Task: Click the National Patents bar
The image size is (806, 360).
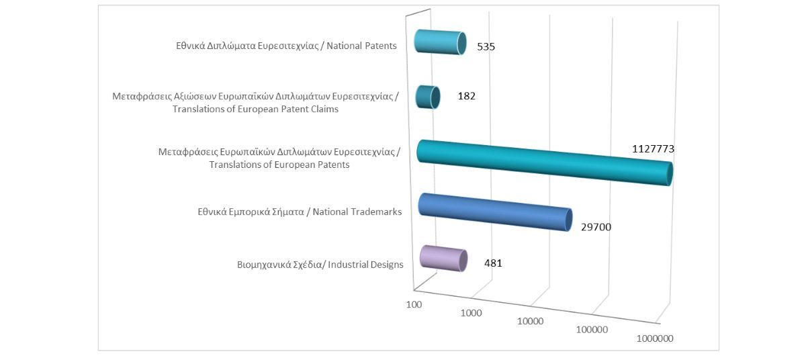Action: (x=439, y=42)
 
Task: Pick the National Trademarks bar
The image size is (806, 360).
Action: (x=494, y=212)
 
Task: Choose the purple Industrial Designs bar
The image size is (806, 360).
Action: (x=442, y=258)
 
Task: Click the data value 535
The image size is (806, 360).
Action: (x=486, y=47)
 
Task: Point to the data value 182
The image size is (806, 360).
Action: (x=466, y=96)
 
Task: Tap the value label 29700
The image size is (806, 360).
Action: (x=596, y=227)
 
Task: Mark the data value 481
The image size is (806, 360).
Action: (x=493, y=263)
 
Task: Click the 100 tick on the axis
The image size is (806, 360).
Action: (x=414, y=304)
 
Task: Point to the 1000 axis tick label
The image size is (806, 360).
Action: (x=471, y=313)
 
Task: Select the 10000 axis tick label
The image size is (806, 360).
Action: (x=530, y=321)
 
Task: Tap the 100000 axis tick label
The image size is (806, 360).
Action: (x=592, y=330)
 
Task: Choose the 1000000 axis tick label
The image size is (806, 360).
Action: (x=655, y=339)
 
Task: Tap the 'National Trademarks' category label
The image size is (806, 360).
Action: (x=300, y=212)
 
